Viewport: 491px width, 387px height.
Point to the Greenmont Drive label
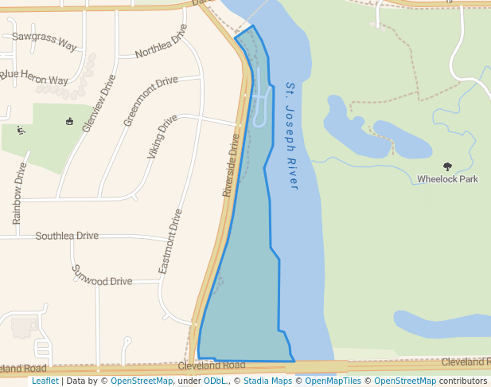tap(150, 101)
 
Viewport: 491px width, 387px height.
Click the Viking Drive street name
tap(162, 136)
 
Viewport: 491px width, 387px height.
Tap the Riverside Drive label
tap(231, 165)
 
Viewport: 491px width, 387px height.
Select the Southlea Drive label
tap(67, 236)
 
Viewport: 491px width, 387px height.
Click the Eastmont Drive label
tap(170, 242)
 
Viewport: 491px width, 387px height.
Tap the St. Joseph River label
tap(290, 135)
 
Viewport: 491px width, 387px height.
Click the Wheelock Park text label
tap(447, 179)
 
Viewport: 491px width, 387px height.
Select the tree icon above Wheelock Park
tap(447, 166)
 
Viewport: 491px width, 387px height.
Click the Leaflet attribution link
tap(45, 381)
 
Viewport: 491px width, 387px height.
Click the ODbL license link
tap(216, 381)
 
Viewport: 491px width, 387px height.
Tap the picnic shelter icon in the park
tap(69, 122)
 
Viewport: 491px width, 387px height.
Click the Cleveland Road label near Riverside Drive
tap(212, 365)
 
